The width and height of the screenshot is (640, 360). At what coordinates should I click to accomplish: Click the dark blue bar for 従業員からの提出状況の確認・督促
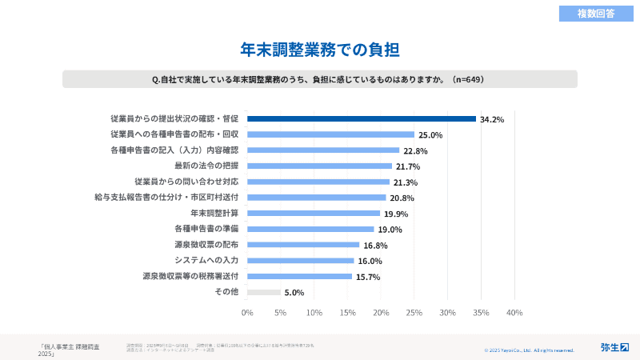(362, 118)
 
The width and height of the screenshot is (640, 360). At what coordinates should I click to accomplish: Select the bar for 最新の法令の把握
(319, 166)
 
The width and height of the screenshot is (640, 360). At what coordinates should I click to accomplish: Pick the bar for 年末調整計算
(314, 214)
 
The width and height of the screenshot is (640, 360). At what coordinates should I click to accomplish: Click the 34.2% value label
(492, 119)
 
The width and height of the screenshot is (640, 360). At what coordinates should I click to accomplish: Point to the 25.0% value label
(430, 135)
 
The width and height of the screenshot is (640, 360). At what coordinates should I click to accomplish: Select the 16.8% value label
(375, 246)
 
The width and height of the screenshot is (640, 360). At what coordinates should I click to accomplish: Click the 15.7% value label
(368, 277)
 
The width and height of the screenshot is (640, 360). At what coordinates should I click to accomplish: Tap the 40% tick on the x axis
(514, 312)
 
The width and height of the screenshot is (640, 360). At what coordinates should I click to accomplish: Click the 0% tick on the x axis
(247, 312)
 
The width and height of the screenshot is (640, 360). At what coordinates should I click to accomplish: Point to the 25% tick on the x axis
(414, 312)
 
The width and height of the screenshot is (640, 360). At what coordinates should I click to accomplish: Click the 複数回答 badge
(596, 13)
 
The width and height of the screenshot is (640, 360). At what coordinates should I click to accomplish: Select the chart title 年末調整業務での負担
(320, 49)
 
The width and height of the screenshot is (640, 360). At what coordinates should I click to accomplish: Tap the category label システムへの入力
(206, 261)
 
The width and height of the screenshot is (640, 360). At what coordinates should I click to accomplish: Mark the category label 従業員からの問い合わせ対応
(186, 182)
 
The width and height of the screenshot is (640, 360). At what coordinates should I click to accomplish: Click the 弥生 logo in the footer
(614, 347)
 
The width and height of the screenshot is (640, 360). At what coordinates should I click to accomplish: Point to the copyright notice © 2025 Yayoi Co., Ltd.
(529, 350)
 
